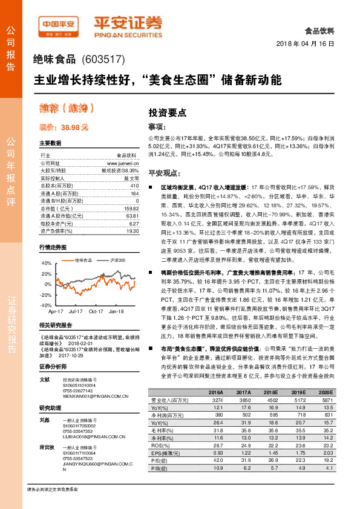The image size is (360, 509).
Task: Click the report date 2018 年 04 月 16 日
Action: click(x=309, y=44)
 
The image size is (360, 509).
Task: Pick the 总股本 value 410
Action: click(x=134, y=186)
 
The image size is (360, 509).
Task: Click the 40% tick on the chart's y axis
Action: click(x=47, y=264)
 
